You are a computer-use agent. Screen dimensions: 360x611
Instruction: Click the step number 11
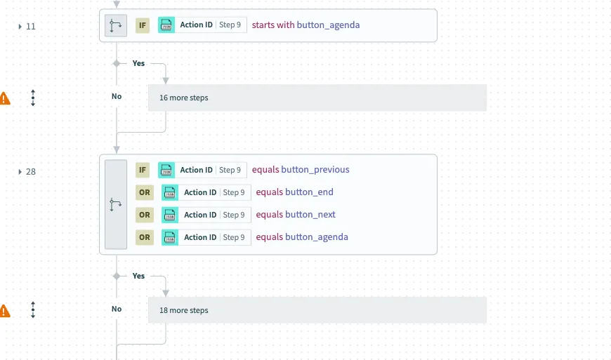pos(31,26)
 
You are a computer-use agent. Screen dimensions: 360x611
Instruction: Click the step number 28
pos(31,171)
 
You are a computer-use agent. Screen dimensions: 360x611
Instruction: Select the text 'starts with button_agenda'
pos(305,25)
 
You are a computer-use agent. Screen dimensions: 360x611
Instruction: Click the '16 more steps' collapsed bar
pos(317,98)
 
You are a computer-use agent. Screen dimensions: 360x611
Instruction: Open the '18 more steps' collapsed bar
pos(317,310)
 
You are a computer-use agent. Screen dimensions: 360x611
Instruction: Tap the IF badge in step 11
pos(143,25)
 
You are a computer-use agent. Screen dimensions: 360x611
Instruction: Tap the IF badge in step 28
pos(143,170)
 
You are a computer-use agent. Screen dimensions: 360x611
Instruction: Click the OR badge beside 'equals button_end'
pos(145,192)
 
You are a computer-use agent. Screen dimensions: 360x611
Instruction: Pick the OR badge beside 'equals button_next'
pos(145,215)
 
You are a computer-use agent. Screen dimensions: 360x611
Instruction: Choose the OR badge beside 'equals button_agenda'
pos(145,237)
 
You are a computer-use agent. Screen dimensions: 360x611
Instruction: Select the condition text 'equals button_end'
pos(294,192)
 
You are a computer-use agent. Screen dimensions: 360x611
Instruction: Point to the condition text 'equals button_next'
pos(296,215)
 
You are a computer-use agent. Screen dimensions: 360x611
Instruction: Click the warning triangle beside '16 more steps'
pos(5,98)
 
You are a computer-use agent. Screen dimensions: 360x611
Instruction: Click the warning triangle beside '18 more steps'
pos(5,310)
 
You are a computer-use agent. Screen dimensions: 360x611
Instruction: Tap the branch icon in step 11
pos(116,26)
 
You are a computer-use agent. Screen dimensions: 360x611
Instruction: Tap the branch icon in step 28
pos(116,204)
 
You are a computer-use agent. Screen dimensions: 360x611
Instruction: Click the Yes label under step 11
pos(138,63)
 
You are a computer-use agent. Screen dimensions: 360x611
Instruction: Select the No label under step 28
pos(117,309)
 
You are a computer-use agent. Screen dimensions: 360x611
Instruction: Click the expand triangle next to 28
pos(20,171)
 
